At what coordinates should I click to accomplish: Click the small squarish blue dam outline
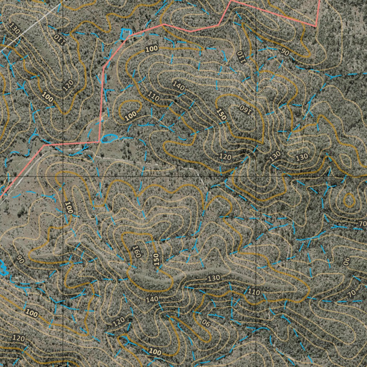click(x=125, y=34)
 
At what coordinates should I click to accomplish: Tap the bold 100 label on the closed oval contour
click(x=131, y=115)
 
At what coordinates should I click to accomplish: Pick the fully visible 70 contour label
click(x=352, y=293)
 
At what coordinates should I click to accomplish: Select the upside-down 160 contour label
click(x=245, y=109)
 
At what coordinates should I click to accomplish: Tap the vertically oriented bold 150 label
click(x=156, y=259)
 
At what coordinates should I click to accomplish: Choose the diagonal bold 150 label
click(x=221, y=114)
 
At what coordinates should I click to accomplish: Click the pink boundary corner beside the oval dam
click(x=99, y=142)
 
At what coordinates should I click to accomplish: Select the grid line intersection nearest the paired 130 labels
click(x=257, y=177)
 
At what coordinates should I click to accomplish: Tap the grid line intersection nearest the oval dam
click(x=63, y=177)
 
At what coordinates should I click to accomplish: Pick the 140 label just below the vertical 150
click(x=152, y=299)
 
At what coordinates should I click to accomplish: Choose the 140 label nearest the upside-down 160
click(x=178, y=85)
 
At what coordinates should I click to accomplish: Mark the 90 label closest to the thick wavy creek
click(x=20, y=259)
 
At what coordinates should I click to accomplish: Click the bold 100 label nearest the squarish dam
click(x=152, y=48)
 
